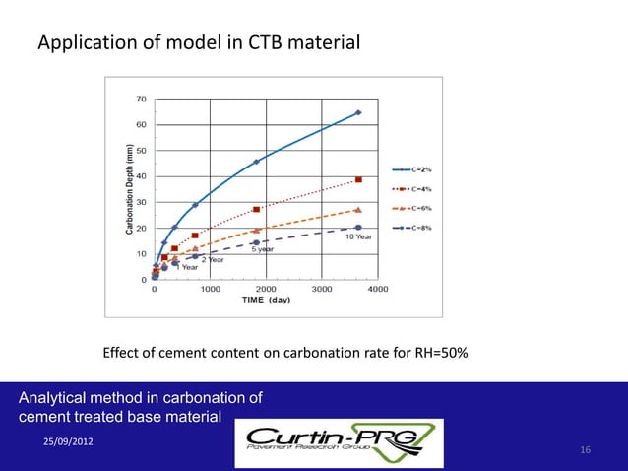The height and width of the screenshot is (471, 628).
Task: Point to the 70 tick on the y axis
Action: click(142, 99)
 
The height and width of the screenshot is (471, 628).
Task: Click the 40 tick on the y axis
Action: click(142, 176)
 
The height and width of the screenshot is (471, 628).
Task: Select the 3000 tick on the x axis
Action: click(320, 290)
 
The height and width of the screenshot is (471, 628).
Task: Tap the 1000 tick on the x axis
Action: click(210, 290)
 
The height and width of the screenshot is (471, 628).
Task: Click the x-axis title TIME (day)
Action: click(266, 299)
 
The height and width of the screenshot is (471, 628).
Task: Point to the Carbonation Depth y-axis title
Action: click(129, 189)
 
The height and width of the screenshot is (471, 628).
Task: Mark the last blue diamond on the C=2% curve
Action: click(358, 112)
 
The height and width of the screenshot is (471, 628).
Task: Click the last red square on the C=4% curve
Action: click(358, 179)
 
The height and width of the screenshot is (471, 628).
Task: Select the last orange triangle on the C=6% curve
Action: click(358, 209)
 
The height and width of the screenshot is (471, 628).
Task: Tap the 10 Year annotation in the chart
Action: click(356, 236)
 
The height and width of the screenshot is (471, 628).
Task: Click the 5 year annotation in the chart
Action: click(261, 249)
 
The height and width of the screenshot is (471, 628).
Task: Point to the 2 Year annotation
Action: click(212, 259)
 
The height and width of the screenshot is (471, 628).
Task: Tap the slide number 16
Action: click(585, 450)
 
